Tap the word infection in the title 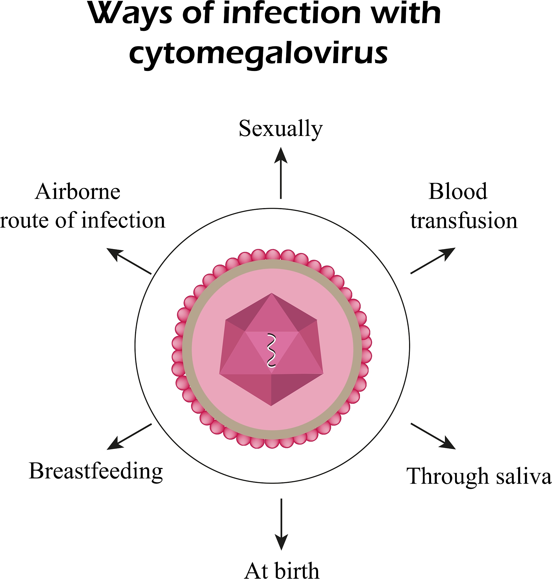pyautogui.click(x=292, y=14)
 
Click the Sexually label pyautogui.click(x=281, y=129)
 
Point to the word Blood pyautogui.click(x=458, y=192)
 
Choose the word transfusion pyautogui.click(x=464, y=221)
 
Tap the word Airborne pyautogui.click(x=78, y=192)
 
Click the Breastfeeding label pyautogui.click(x=96, y=471)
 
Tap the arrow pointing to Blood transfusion pyautogui.click(x=433, y=261)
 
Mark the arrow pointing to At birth pyautogui.click(x=281, y=524)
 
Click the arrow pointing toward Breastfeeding pyautogui.click(x=129, y=437)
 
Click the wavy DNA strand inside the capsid pyautogui.click(x=271, y=351)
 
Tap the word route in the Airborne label pyautogui.click(x=25, y=221)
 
